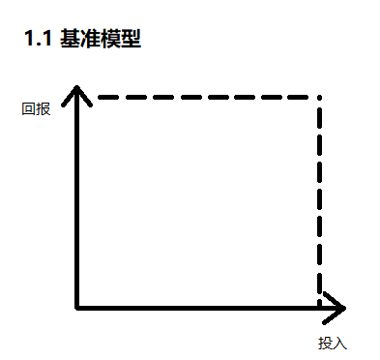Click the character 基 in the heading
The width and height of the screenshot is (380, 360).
point(70,40)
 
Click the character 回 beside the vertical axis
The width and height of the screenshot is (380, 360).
point(28,108)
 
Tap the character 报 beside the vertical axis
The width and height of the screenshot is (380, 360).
point(42,108)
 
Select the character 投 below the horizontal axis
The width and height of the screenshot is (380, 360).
point(325,344)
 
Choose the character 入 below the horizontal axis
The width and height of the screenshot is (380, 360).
point(338,344)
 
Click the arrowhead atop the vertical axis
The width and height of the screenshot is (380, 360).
point(76,92)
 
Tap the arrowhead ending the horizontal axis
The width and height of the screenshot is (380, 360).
point(336,308)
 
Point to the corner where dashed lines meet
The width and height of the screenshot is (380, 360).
point(318,98)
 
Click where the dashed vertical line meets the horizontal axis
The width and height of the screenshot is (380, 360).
point(318,308)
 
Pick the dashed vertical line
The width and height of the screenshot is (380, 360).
point(318,203)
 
